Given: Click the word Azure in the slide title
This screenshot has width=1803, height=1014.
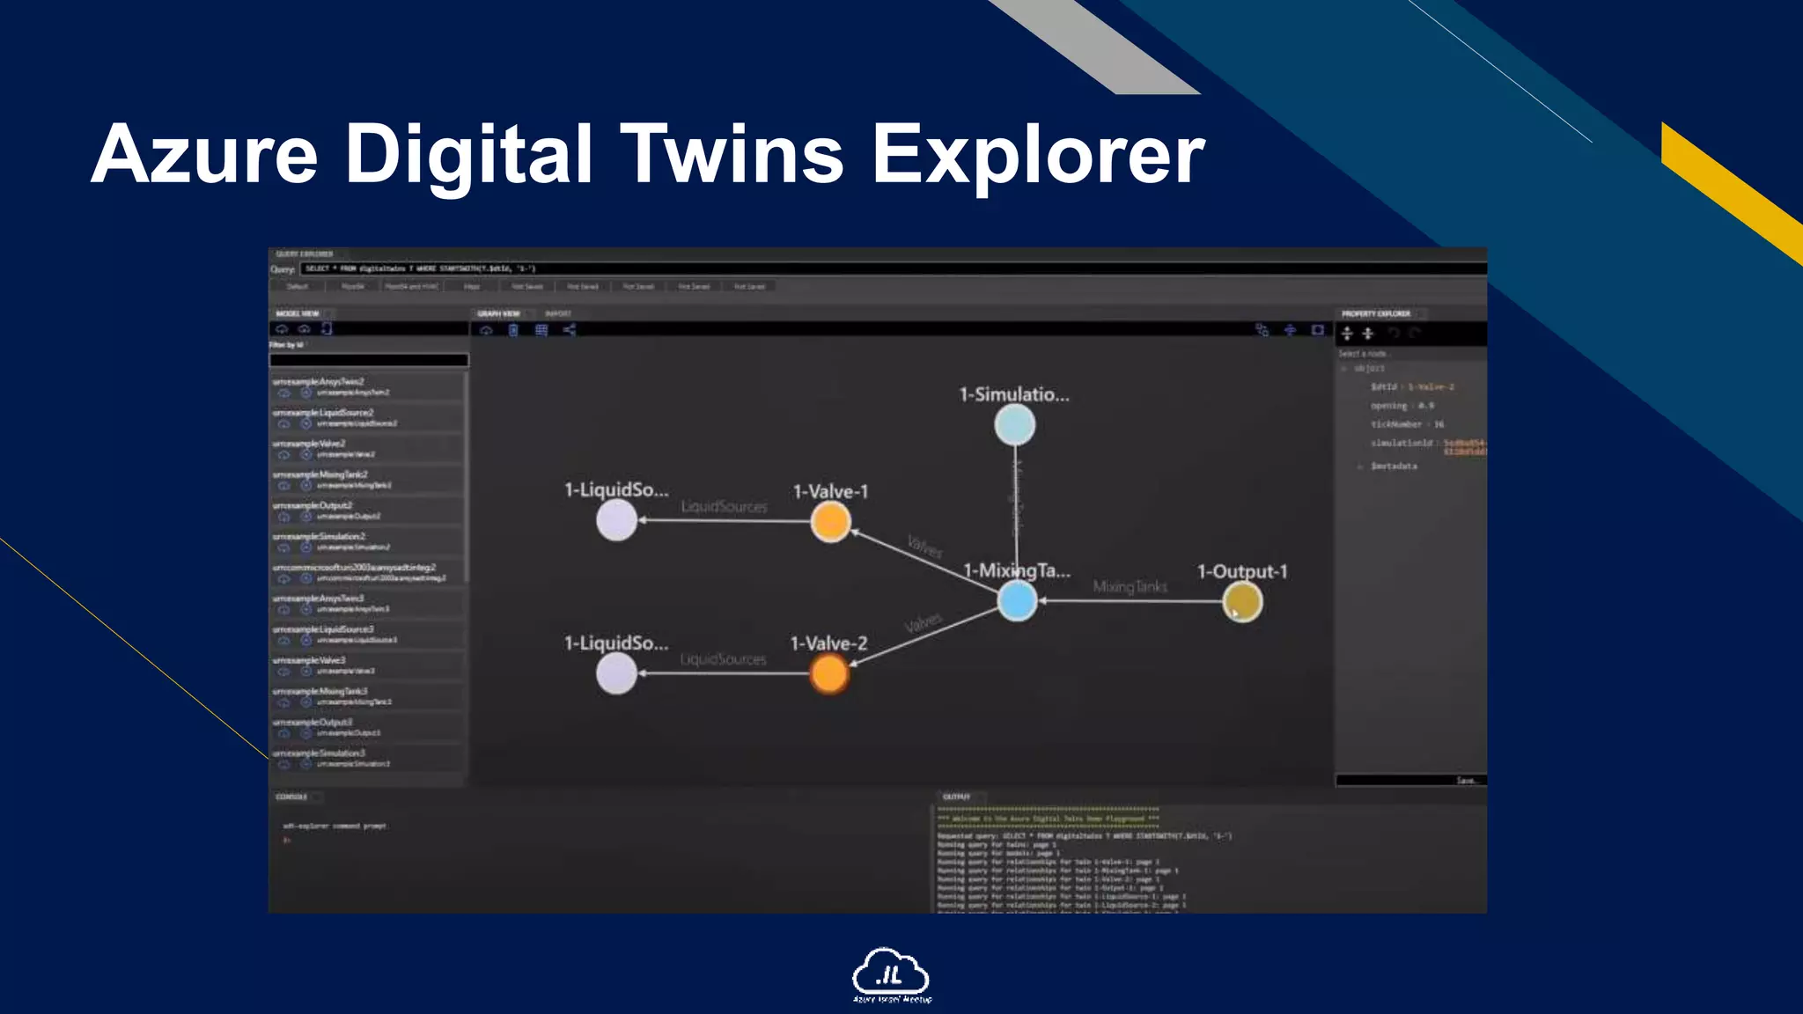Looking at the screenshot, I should coord(204,155).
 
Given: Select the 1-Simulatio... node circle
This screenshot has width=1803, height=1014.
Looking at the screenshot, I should coord(1014,425).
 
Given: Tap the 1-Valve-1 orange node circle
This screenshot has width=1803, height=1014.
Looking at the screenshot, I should coord(830,521).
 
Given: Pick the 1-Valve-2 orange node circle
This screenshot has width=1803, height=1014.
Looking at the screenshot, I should coord(828,674).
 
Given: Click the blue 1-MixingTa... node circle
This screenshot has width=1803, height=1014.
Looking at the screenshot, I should coord(1017,602).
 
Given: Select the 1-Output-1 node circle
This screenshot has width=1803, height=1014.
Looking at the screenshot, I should coord(1242,602).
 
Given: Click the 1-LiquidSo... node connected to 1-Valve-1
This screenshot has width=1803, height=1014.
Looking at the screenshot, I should coord(616,520).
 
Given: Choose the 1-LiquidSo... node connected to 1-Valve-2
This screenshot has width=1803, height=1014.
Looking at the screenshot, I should coord(616,673).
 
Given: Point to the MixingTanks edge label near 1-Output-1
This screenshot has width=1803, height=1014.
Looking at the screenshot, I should coord(1130,586).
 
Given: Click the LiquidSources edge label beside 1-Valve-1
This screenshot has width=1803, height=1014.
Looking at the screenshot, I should coord(724,507).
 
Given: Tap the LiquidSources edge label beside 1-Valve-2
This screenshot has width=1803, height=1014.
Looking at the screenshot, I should coord(723,659).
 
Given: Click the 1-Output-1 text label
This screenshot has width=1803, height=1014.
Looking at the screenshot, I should coord(1241,571).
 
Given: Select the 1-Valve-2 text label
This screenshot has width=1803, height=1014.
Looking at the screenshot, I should coord(828,643).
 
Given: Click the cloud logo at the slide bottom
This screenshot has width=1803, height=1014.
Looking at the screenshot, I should coord(890,974).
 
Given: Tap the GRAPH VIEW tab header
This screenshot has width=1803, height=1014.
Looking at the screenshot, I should coord(498,313).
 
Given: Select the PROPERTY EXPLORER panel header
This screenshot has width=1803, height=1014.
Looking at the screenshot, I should coord(1375,313).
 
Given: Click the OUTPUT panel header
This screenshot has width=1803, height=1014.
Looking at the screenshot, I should coord(956,797).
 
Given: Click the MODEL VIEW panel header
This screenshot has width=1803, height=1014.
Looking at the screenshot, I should coord(298,313).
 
